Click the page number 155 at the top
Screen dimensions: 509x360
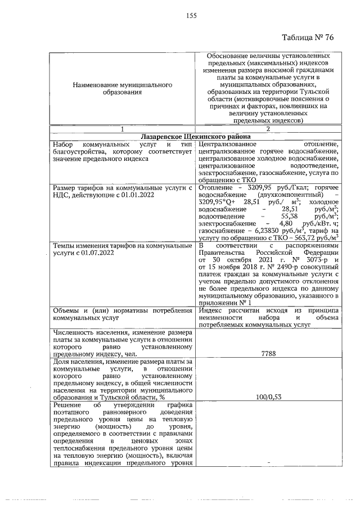(x=191, y=16)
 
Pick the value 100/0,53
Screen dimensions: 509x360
(x=268, y=397)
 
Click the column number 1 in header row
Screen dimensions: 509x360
(x=122, y=129)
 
